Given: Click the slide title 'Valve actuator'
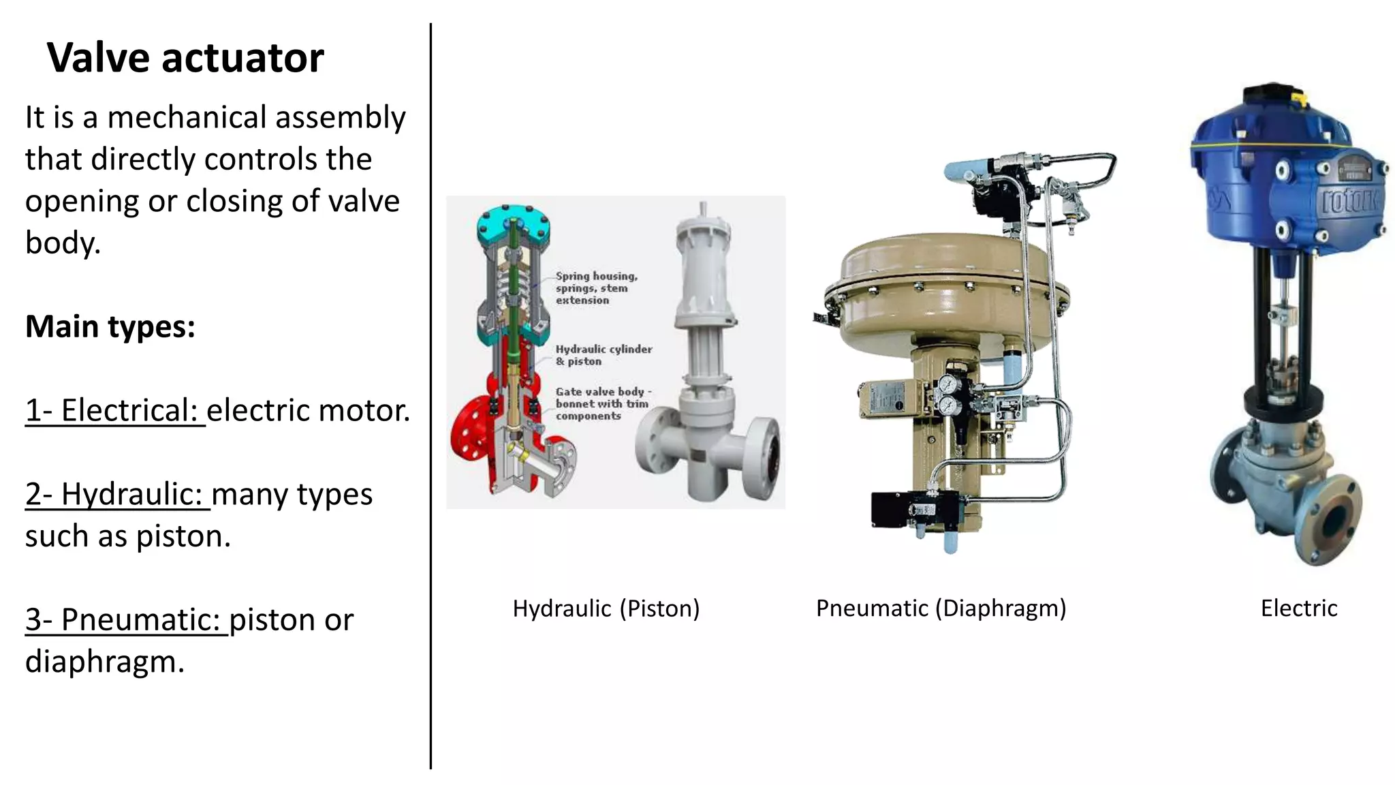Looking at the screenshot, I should tap(185, 57).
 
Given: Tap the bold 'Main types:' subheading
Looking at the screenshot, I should tap(110, 326).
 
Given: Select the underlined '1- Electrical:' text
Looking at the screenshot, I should tap(114, 410).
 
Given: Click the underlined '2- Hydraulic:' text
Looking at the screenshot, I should tap(117, 494).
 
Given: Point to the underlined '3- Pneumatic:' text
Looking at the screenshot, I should tap(126, 619).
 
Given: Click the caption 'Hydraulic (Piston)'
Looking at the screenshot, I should tap(606, 608).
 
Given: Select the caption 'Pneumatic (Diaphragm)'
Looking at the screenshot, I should tap(941, 608).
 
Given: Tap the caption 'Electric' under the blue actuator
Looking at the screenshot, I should tap(1298, 608).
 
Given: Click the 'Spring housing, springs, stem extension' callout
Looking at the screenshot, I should tap(596, 288).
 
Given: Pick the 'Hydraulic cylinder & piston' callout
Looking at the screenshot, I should tap(604, 355).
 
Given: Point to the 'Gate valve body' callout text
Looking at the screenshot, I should tap(602, 403).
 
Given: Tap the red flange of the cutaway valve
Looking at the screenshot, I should tap(470, 436).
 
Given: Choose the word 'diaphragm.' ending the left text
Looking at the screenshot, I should tap(105, 662).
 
